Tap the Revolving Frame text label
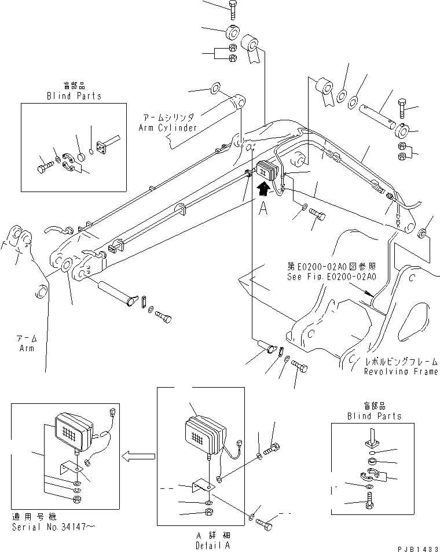click(401, 372)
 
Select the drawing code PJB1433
click(415, 546)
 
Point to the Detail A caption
click(200, 545)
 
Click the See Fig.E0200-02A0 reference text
click(331, 277)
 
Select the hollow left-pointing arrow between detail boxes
click(136, 456)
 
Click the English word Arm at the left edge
click(25, 348)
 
